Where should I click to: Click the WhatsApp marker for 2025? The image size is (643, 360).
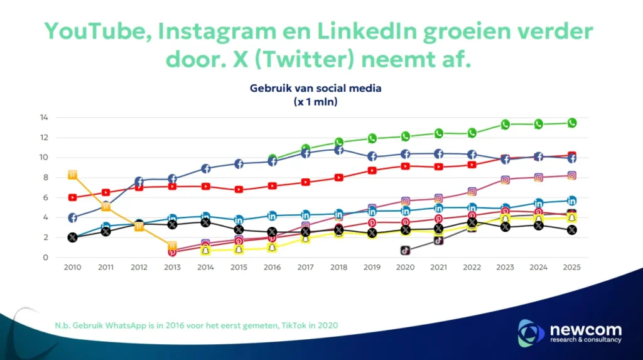click(x=572, y=123)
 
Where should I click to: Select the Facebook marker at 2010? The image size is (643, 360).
click(x=72, y=218)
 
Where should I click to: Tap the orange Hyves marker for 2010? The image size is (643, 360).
click(x=72, y=174)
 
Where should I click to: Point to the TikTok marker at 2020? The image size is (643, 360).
click(x=406, y=250)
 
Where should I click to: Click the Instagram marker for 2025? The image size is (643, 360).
click(x=572, y=176)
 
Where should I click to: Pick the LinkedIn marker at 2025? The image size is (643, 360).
click(x=572, y=201)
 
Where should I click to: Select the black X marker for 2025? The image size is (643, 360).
click(x=572, y=230)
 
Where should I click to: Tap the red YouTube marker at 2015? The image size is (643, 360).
click(x=239, y=189)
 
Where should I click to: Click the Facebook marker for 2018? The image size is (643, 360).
click(x=338, y=150)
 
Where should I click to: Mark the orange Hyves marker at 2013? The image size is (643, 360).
click(x=172, y=246)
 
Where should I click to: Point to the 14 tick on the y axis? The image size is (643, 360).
click(x=44, y=117)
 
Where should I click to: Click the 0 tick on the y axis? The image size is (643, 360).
click(x=46, y=258)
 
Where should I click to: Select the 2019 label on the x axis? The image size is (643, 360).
click(x=372, y=268)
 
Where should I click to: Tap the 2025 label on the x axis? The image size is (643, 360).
click(x=572, y=268)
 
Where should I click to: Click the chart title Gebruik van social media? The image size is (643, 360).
click(x=315, y=89)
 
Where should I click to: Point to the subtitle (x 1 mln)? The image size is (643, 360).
click(x=315, y=102)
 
